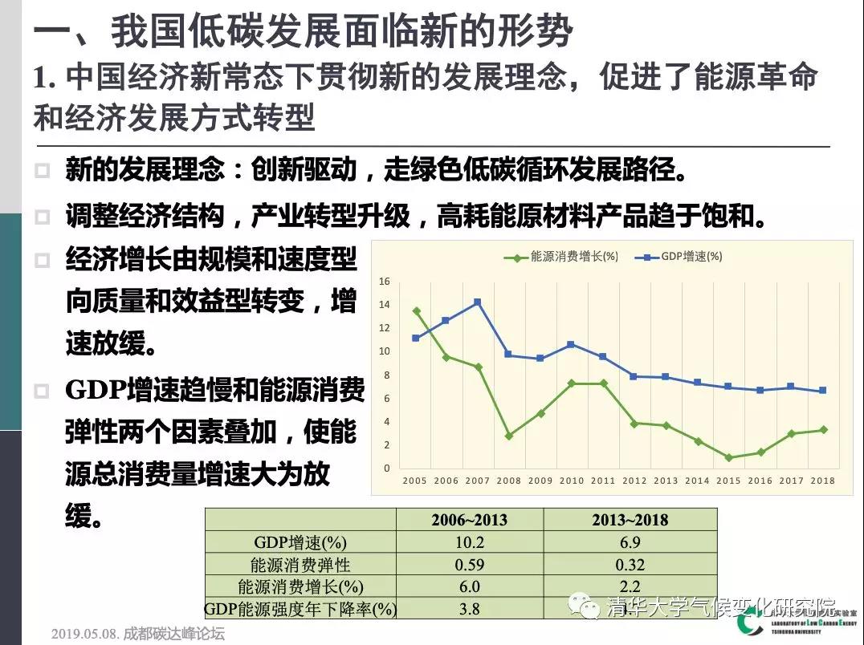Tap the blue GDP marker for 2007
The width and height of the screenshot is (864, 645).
477,302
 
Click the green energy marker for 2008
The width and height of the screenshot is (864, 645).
508,436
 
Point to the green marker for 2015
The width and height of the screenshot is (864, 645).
728,457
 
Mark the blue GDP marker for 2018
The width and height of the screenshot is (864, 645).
822,391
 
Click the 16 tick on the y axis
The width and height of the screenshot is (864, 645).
385,282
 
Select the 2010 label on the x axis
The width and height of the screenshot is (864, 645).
571,481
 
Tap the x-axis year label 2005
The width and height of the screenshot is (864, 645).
415,481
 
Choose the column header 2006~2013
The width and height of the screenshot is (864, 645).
469,519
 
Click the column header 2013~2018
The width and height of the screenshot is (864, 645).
630,519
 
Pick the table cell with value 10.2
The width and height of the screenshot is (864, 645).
469,542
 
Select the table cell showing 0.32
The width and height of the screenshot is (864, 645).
630,565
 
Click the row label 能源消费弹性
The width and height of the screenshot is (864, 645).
300,565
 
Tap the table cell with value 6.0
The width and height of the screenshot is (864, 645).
469,587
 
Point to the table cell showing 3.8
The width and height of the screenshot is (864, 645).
469,610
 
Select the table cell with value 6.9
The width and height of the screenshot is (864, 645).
630,542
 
